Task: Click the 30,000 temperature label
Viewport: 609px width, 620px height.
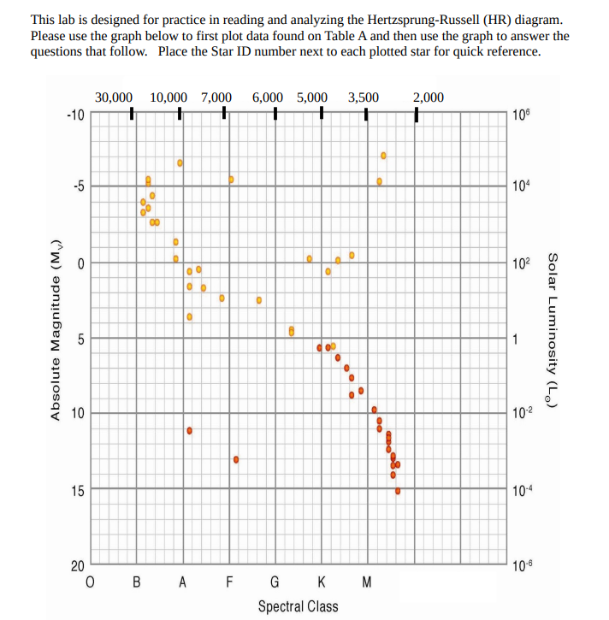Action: pyautogui.click(x=113, y=97)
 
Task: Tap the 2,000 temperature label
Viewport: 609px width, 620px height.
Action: pyautogui.click(x=429, y=97)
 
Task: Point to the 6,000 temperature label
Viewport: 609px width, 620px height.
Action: pyautogui.click(x=270, y=97)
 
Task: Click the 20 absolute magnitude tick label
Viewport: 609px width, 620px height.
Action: pyautogui.click(x=76, y=566)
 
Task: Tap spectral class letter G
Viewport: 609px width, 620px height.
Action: pyautogui.click(x=275, y=584)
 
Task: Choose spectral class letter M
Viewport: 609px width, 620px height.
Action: pyautogui.click(x=367, y=584)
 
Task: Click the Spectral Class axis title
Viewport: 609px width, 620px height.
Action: pyautogui.click(x=298, y=606)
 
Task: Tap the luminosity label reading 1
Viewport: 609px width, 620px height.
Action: pyautogui.click(x=514, y=340)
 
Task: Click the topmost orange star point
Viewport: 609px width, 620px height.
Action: pyautogui.click(x=383, y=155)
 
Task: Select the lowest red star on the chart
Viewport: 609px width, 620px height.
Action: pyautogui.click(x=398, y=491)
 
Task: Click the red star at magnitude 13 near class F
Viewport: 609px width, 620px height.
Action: pyautogui.click(x=235, y=459)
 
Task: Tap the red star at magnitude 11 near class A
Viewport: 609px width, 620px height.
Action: pyautogui.click(x=189, y=430)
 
